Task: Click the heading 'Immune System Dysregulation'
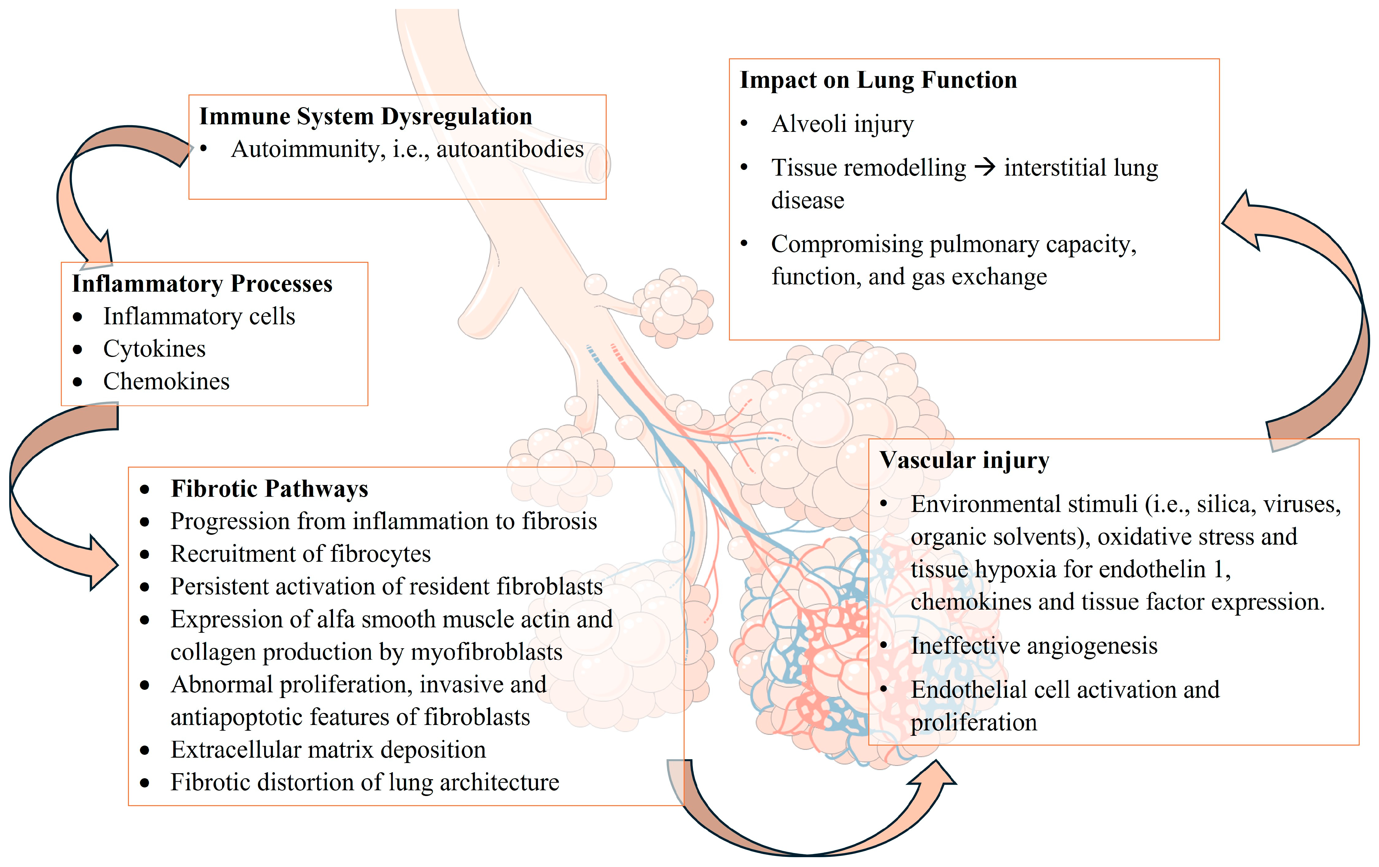[365, 116]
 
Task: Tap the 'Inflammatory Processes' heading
[202, 284]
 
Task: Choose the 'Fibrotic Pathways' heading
[269, 489]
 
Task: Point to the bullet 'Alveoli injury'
[842, 124]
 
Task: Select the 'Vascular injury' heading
[964, 460]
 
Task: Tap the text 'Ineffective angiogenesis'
[1034, 646]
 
